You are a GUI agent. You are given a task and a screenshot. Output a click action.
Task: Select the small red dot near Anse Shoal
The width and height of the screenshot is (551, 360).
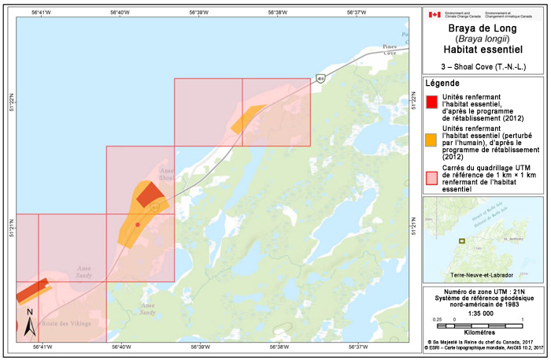tap(138, 225)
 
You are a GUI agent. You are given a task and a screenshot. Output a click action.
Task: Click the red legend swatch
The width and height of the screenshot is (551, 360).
tap(431, 102)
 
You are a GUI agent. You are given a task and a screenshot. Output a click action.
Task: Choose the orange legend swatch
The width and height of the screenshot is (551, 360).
tap(431, 140)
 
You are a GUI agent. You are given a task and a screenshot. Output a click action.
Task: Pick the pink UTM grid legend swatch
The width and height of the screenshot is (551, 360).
tap(431, 177)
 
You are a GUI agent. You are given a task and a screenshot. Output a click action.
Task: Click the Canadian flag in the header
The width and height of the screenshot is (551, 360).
tap(434, 14)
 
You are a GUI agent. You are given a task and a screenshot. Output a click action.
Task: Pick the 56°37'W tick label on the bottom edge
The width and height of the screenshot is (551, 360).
tap(357, 347)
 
